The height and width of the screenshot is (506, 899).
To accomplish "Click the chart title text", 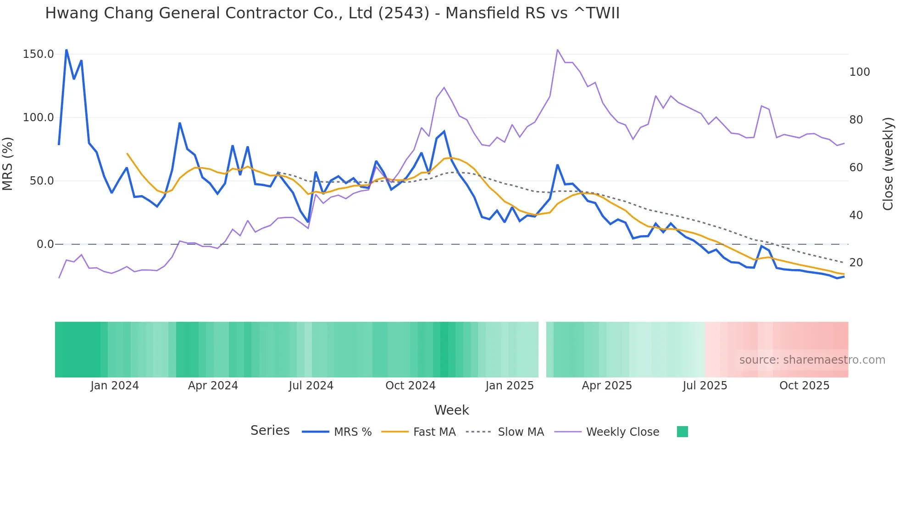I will click(332, 13).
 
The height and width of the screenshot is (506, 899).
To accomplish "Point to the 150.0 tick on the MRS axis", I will click(39, 54).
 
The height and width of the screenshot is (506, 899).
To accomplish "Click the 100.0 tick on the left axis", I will click(39, 118).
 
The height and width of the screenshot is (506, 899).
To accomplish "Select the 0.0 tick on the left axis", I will click(45, 244).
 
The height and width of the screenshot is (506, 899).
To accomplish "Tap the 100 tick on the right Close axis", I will click(860, 72).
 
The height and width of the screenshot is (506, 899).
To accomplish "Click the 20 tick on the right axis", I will click(856, 263).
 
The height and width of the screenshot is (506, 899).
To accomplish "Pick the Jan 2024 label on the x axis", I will click(115, 386).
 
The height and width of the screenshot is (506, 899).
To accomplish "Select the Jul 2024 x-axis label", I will click(311, 386).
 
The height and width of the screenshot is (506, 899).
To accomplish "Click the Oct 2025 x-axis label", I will click(805, 386).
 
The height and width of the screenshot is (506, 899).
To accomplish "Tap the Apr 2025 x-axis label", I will click(607, 386).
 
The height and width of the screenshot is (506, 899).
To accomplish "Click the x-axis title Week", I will click(451, 410).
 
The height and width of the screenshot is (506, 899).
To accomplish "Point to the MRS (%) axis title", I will click(8, 163).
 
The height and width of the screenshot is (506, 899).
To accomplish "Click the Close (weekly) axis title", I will click(888, 163).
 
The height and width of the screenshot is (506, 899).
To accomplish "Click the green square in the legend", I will click(682, 432).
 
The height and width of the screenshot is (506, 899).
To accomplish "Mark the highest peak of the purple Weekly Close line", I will click(557, 50).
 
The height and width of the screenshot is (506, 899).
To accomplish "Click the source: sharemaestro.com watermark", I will click(812, 360).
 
